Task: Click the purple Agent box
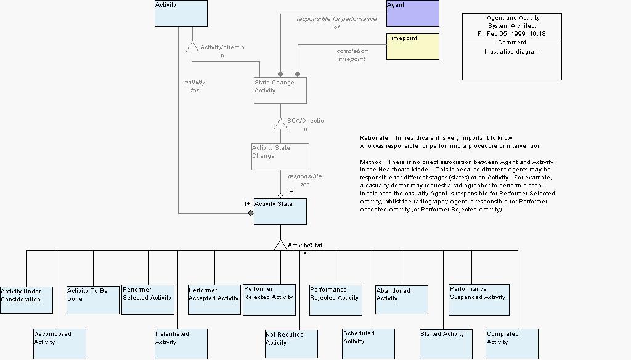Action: point(412,13)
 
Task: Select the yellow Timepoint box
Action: point(412,46)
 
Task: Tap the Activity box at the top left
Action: point(181,13)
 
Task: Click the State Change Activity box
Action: point(280,90)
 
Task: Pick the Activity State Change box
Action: point(280,157)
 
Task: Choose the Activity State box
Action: point(280,211)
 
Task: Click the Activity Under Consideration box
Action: point(26,300)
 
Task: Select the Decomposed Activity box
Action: point(59,343)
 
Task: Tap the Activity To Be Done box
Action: point(92,300)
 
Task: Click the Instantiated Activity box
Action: point(181,343)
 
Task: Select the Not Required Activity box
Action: point(291,344)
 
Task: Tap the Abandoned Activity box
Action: point(402,300)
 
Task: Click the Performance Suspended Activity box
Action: point(479,300)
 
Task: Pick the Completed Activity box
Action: point(511,343)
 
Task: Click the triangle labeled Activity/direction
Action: point(192,47)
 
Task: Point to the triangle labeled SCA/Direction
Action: point(280,123)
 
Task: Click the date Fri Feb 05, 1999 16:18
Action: point(511,34)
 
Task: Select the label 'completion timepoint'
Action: point(352,55)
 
